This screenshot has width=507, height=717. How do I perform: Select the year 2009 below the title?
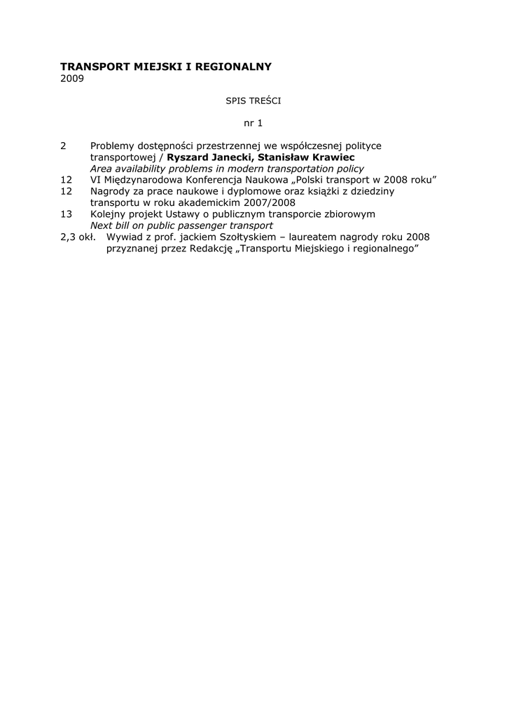[72, 78]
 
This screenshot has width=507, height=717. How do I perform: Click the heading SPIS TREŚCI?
[253, 101]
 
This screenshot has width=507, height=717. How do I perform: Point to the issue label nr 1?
[253, 123]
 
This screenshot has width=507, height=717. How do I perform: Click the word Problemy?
[112, 146]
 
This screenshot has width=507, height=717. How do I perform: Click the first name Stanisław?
[279, 157]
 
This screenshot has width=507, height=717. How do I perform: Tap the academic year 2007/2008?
[270, 202]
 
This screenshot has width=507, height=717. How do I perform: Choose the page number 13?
[67, 214]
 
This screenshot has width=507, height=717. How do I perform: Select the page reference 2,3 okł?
[78, 237]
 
